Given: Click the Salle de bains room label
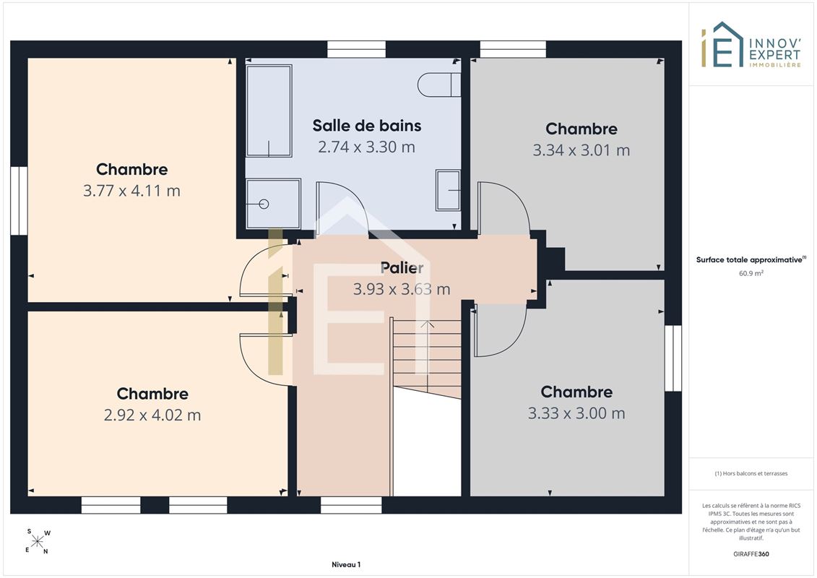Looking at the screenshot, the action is [x=367, y=126].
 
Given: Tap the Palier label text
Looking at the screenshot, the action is [x=402, y=268].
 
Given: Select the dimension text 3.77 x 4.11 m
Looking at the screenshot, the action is [x=131, y=191].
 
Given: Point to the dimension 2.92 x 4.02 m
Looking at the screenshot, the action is [x=152, y=415].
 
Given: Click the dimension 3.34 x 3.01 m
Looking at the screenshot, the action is [x=582, y=150].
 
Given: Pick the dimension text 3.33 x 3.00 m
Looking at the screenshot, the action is [x=576, y=413].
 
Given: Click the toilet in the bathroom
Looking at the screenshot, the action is [x=439, y=85].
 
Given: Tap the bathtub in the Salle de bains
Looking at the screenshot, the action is [x=269, y=111].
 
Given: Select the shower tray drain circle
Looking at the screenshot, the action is [x=264, y=204].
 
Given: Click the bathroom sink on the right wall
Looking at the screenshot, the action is [x=448, y=190].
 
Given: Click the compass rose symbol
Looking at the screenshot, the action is [x=38, y=542].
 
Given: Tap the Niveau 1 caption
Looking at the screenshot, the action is [x=346, y=564].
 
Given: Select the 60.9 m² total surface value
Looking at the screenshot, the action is [x=751, y=273].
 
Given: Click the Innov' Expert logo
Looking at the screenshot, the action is [x=751, y=45].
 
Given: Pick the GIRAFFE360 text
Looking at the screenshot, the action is [x=751, y=554].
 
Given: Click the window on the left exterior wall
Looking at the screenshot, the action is [x=19, y=201].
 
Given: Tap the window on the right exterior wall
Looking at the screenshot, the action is [x=673, y=358].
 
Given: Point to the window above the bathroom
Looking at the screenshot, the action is [x=356, y=50].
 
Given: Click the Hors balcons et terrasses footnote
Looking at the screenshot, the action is [x=751, y=474].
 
